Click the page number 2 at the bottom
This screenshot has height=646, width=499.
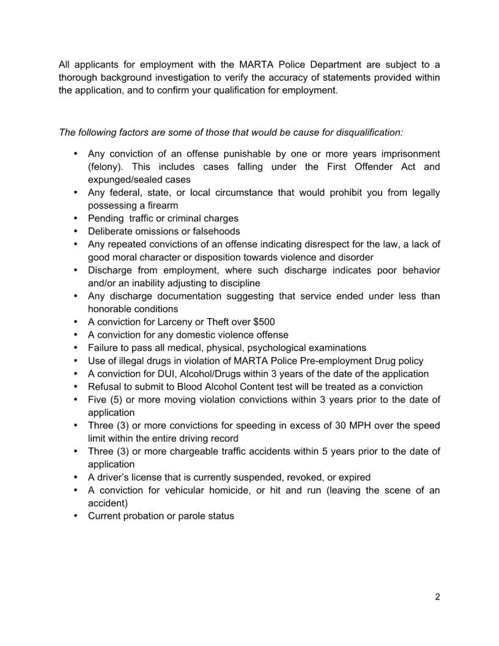(437, 597)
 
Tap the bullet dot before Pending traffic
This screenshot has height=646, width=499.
(75, 218)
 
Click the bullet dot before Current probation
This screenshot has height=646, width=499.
(75, 516)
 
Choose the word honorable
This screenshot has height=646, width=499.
(111, 309)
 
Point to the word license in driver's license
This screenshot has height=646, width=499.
(152, 477)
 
